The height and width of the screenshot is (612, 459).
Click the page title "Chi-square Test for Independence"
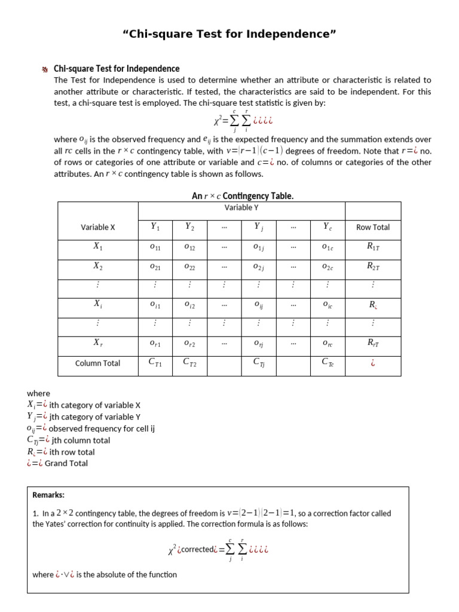(229, 34)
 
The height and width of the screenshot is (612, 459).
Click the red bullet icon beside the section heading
(44, 69)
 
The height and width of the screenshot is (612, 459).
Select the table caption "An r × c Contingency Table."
(242, 196)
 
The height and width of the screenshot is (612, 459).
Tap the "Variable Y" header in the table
(241, 208)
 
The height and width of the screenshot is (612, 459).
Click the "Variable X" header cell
(98, 227)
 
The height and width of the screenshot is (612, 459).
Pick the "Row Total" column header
(372, 227)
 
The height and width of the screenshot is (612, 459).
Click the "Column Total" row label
(97, 363)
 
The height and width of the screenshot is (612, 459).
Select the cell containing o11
(155, 247)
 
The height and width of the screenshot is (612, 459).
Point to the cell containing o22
(189, 267)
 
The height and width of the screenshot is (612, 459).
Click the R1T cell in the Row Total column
(372, 247)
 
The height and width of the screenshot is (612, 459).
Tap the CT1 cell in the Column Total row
(155, 362)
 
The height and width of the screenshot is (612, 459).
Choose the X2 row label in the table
(98, 267)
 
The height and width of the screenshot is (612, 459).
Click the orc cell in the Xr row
(327, 344)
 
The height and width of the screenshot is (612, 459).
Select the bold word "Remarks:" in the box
(48, 495)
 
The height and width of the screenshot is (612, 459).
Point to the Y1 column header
(155, 227)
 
